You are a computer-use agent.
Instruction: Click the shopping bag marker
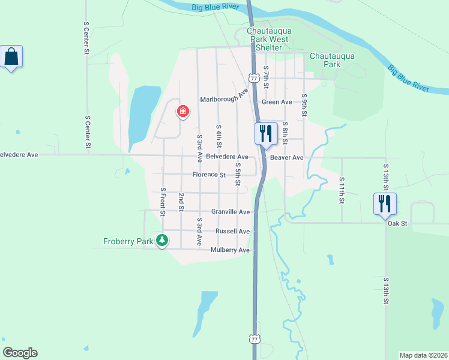pos(11,58)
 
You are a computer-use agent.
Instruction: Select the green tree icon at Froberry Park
pos(161,241)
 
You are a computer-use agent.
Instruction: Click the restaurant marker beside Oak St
pos(384,203)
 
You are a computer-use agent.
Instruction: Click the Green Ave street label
pos(277,102)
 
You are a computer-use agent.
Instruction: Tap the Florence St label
pos(209,175)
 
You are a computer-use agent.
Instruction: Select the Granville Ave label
pos(231,212)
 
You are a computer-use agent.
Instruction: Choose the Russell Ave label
pos(232,231)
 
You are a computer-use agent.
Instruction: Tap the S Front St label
pos(162,202)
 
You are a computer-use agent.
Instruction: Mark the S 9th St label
pos(304,105)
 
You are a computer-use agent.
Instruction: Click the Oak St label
pos(397,224)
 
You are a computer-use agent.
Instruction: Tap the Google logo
pos(20,353)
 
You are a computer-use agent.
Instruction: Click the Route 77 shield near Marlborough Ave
pos(255,79)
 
